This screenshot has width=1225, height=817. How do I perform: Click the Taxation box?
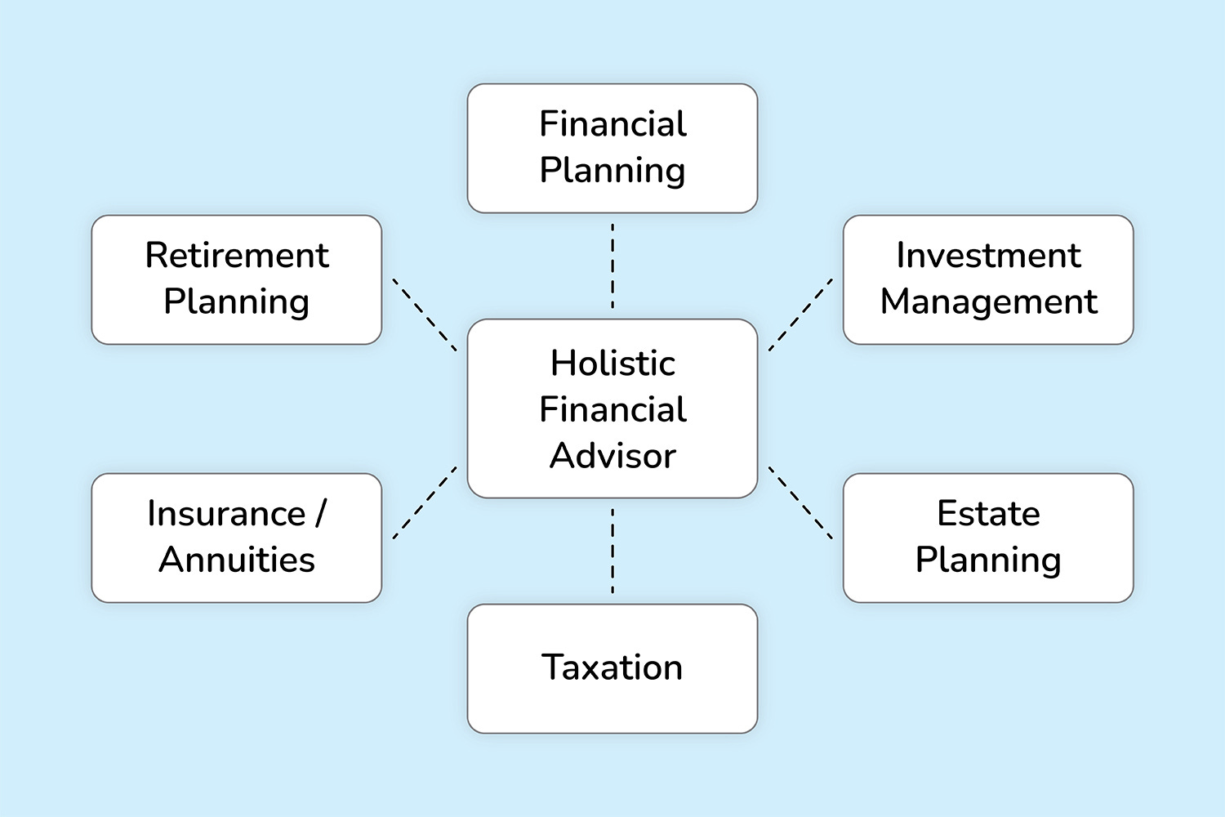click(x=612, y=668)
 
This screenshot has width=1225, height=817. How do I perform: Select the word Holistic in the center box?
click(x=612, y=364)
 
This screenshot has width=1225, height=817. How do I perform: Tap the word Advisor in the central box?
click(x=612, y=456)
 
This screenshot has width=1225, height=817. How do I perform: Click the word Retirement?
click(x=237, y=256)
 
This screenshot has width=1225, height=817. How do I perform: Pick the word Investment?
click(x=988, y=256)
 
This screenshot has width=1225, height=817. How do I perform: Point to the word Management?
click(x=988, y=302)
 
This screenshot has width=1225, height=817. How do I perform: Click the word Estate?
click(x=988, y=514)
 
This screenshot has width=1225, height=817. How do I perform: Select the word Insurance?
click(x=226, y=514)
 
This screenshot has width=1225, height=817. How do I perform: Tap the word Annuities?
click(x=237, y=560)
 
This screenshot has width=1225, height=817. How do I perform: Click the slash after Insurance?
click(x=320, y=514)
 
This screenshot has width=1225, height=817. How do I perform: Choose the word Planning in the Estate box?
click(x=988, y=560)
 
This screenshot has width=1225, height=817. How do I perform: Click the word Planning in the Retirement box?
click(x=237, y=302)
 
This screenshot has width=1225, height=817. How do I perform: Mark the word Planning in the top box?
click(x=612, y=171)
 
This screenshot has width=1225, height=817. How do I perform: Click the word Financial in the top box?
click(x=612, y=124)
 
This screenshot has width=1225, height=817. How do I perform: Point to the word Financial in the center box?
click(x=612, y=409)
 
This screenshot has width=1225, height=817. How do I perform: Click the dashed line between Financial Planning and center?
click(x=612, y=266)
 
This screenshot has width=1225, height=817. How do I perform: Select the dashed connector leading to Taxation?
click(x=612, y=551)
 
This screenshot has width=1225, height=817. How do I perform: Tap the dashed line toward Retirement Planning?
click(x=425, y=315)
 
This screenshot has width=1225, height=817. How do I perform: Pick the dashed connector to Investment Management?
click(x=800, y=315)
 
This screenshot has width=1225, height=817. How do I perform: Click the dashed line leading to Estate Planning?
click(x=800, y=502)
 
